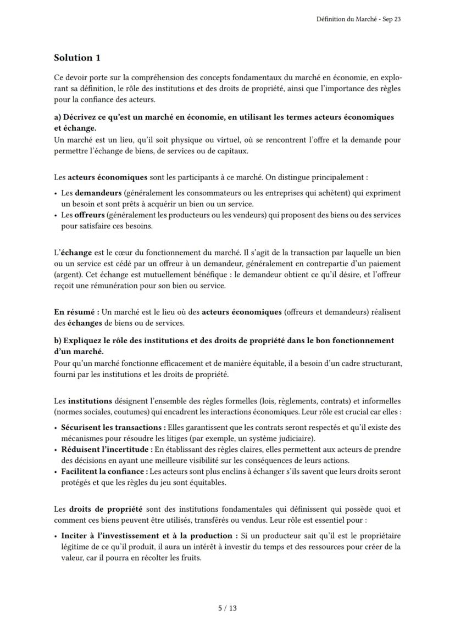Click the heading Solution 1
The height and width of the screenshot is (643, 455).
[77, 58]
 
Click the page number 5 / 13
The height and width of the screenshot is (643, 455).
[227, 608]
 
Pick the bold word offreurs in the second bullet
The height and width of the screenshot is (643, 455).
[89, 215]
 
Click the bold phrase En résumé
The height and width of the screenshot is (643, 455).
[76, 312]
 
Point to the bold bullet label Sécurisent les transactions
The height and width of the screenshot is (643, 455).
[113, 427]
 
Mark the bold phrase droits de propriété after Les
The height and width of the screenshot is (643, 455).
[106, 510]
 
